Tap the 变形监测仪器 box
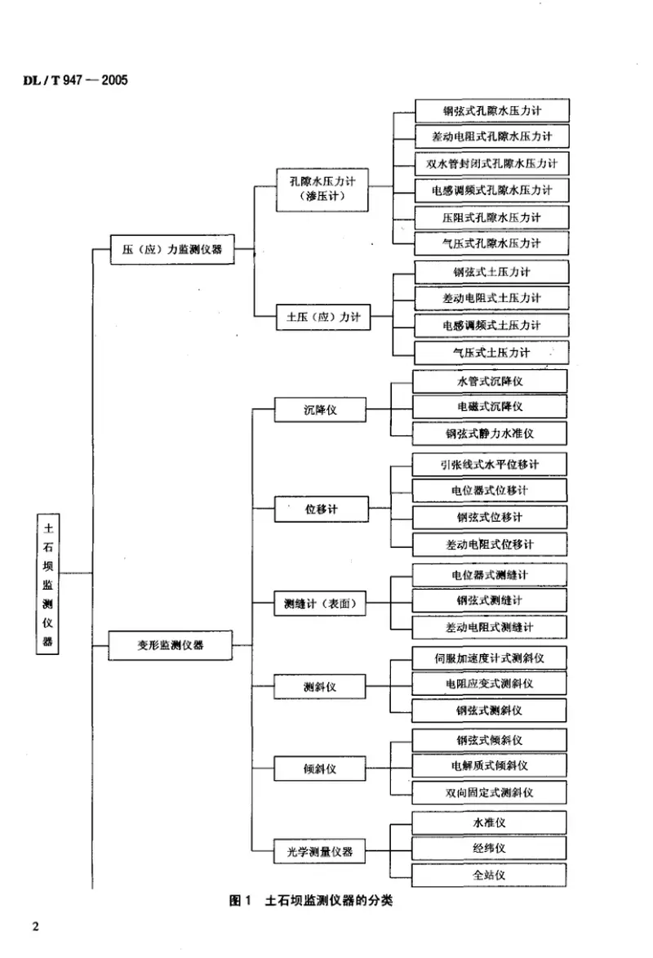(x=171, y=644)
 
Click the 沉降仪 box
(x=319, y=411)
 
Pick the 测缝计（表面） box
(x=319, y=604)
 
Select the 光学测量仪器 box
(x=319, y=852)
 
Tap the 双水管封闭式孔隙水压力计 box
(x=491, y=163)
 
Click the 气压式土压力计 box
(x=491, y=353)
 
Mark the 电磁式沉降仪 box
(x=490, y=406)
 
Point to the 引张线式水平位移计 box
(x=490, y=465)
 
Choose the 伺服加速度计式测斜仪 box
(x=490, y=657)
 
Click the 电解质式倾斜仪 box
(x=490, y=765)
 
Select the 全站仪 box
(x=490, y=875)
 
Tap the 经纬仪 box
(x=490, y=849)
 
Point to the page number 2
(x=34, y=926)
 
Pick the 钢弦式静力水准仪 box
(x=490, y=433)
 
